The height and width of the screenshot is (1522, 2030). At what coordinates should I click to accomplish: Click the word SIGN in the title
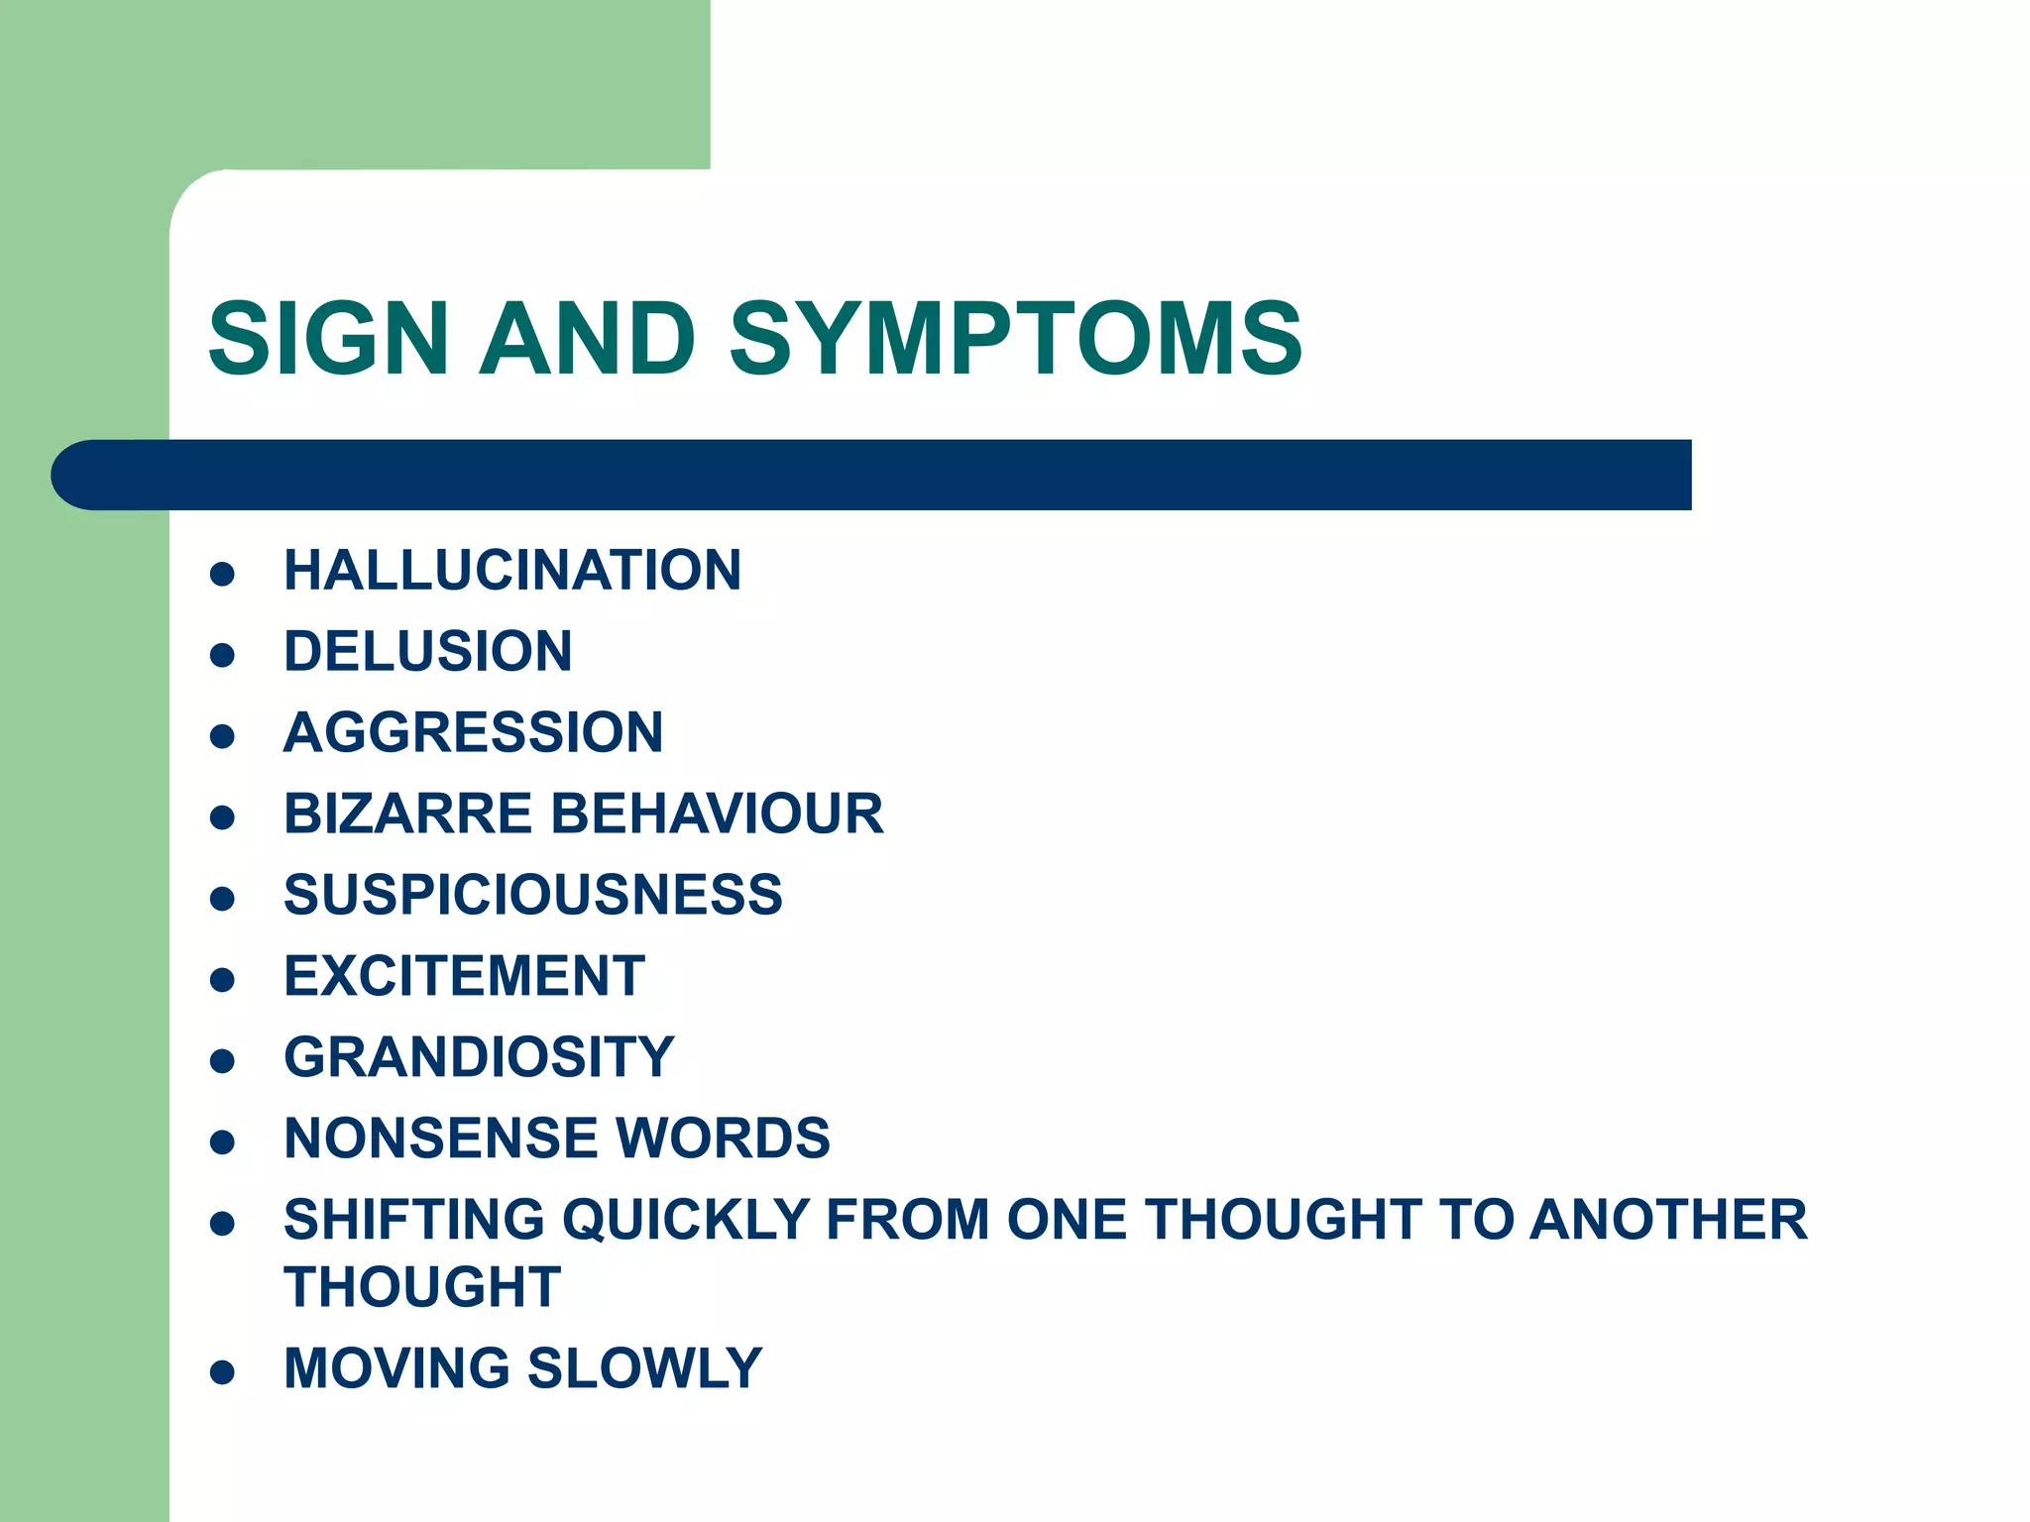(x=328, y=339)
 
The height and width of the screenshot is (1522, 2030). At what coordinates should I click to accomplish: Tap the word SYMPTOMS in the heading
(x=1015, y=339)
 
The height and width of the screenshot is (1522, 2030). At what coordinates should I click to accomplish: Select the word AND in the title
(x=587, y=339)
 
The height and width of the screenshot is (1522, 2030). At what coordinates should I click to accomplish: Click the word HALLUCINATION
(x=511, y=570)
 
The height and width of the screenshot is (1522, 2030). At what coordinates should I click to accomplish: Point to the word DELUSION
(x=427, y=651)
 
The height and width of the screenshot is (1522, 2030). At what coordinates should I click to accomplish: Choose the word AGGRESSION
(x=473, y=732)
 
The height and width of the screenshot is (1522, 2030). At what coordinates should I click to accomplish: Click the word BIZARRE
(x=408, y=814)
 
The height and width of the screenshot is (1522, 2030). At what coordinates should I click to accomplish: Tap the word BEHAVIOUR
(x=716, y=814)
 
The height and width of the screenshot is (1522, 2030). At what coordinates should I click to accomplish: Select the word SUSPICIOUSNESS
(x=532, y=895)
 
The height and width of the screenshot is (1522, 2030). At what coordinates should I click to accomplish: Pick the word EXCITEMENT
(x=464, y=976)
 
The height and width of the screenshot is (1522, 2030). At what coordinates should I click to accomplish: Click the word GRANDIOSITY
(x=479, y=1057)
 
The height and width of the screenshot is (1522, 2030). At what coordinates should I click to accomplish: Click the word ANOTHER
(x=1668, y=1220)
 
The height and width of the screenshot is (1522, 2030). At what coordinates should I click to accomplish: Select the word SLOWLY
(x=644, y=1368)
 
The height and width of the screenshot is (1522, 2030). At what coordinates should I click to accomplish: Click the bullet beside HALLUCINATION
(x=222, y=574)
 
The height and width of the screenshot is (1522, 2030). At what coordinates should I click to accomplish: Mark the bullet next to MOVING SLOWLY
(x=222, y=1372)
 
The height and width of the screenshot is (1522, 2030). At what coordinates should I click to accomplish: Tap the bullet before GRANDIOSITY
(x=222, y=1061)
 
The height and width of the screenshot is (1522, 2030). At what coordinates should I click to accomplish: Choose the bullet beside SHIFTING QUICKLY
(x=222, y=1224)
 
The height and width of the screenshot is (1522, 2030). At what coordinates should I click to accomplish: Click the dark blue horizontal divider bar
(x=872, y=475)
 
